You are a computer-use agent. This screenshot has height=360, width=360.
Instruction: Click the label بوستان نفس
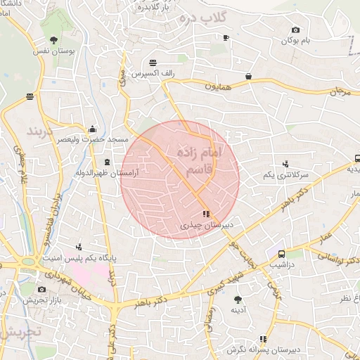pyautogui.click(x=53, y=52)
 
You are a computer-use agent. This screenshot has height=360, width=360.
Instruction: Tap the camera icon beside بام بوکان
pyautogui.click(x=295, y=30)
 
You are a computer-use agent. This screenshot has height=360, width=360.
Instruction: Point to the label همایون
pyautogui.click(x=217, y=85)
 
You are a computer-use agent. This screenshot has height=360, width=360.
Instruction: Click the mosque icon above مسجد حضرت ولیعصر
pyautogui.click(x=93, y=129)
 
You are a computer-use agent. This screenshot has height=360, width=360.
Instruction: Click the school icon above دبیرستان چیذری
pyautogui.click(x=205, y=214)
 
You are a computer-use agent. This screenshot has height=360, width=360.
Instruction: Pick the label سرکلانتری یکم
pyautogui.click(x=285, y=174)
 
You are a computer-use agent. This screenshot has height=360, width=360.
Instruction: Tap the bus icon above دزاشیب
pyautogui.click(x=281, y=254)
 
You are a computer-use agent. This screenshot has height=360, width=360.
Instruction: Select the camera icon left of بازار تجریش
pyautogui.click(x=42, y=289)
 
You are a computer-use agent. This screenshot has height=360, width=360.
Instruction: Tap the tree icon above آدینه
pyautogui.click(x=238, y=299)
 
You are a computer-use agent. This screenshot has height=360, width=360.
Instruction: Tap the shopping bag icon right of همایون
pyautogui.click(x=249, y=76)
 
